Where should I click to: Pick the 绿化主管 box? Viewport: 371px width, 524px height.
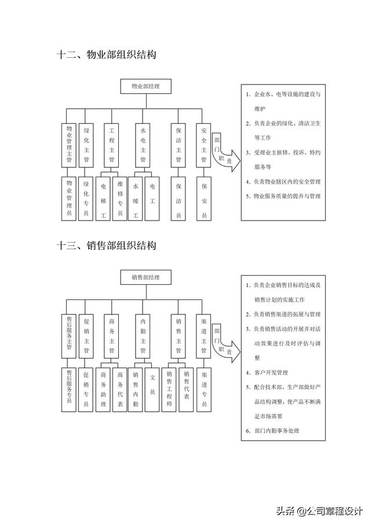pos(86,144)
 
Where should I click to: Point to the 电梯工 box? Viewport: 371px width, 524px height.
pos(103,200)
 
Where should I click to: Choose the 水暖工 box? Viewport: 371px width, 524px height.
pos(136,200)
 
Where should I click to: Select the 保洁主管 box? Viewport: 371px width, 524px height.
pos(179,144)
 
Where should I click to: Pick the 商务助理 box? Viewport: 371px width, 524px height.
pos(103,389)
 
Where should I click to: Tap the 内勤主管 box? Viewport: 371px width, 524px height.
pos(143,335)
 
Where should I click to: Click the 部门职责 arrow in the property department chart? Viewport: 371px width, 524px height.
pos(224,154)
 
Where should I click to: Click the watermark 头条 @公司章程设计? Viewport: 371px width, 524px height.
pos(319,511)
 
